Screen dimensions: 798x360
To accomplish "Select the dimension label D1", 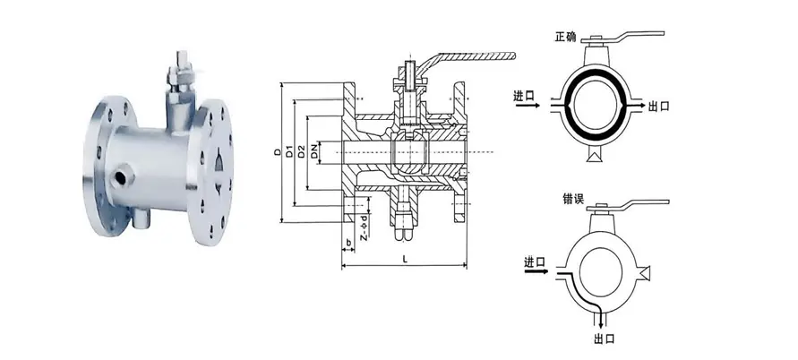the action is click(x=288, y=151).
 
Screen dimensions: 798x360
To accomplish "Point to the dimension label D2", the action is click(x=301, y=151).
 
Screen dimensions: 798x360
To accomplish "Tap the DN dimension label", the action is click(x=314, y=151).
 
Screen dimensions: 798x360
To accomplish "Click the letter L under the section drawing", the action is click(x=405, y=258).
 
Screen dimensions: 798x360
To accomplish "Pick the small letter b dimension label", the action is click(x=348, y=244).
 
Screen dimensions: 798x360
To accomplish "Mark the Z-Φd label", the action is click(x=364, y=227).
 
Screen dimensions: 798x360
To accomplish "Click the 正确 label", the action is click(x=565, y=37).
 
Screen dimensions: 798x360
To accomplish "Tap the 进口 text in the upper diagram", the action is click(x=524, y=95).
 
